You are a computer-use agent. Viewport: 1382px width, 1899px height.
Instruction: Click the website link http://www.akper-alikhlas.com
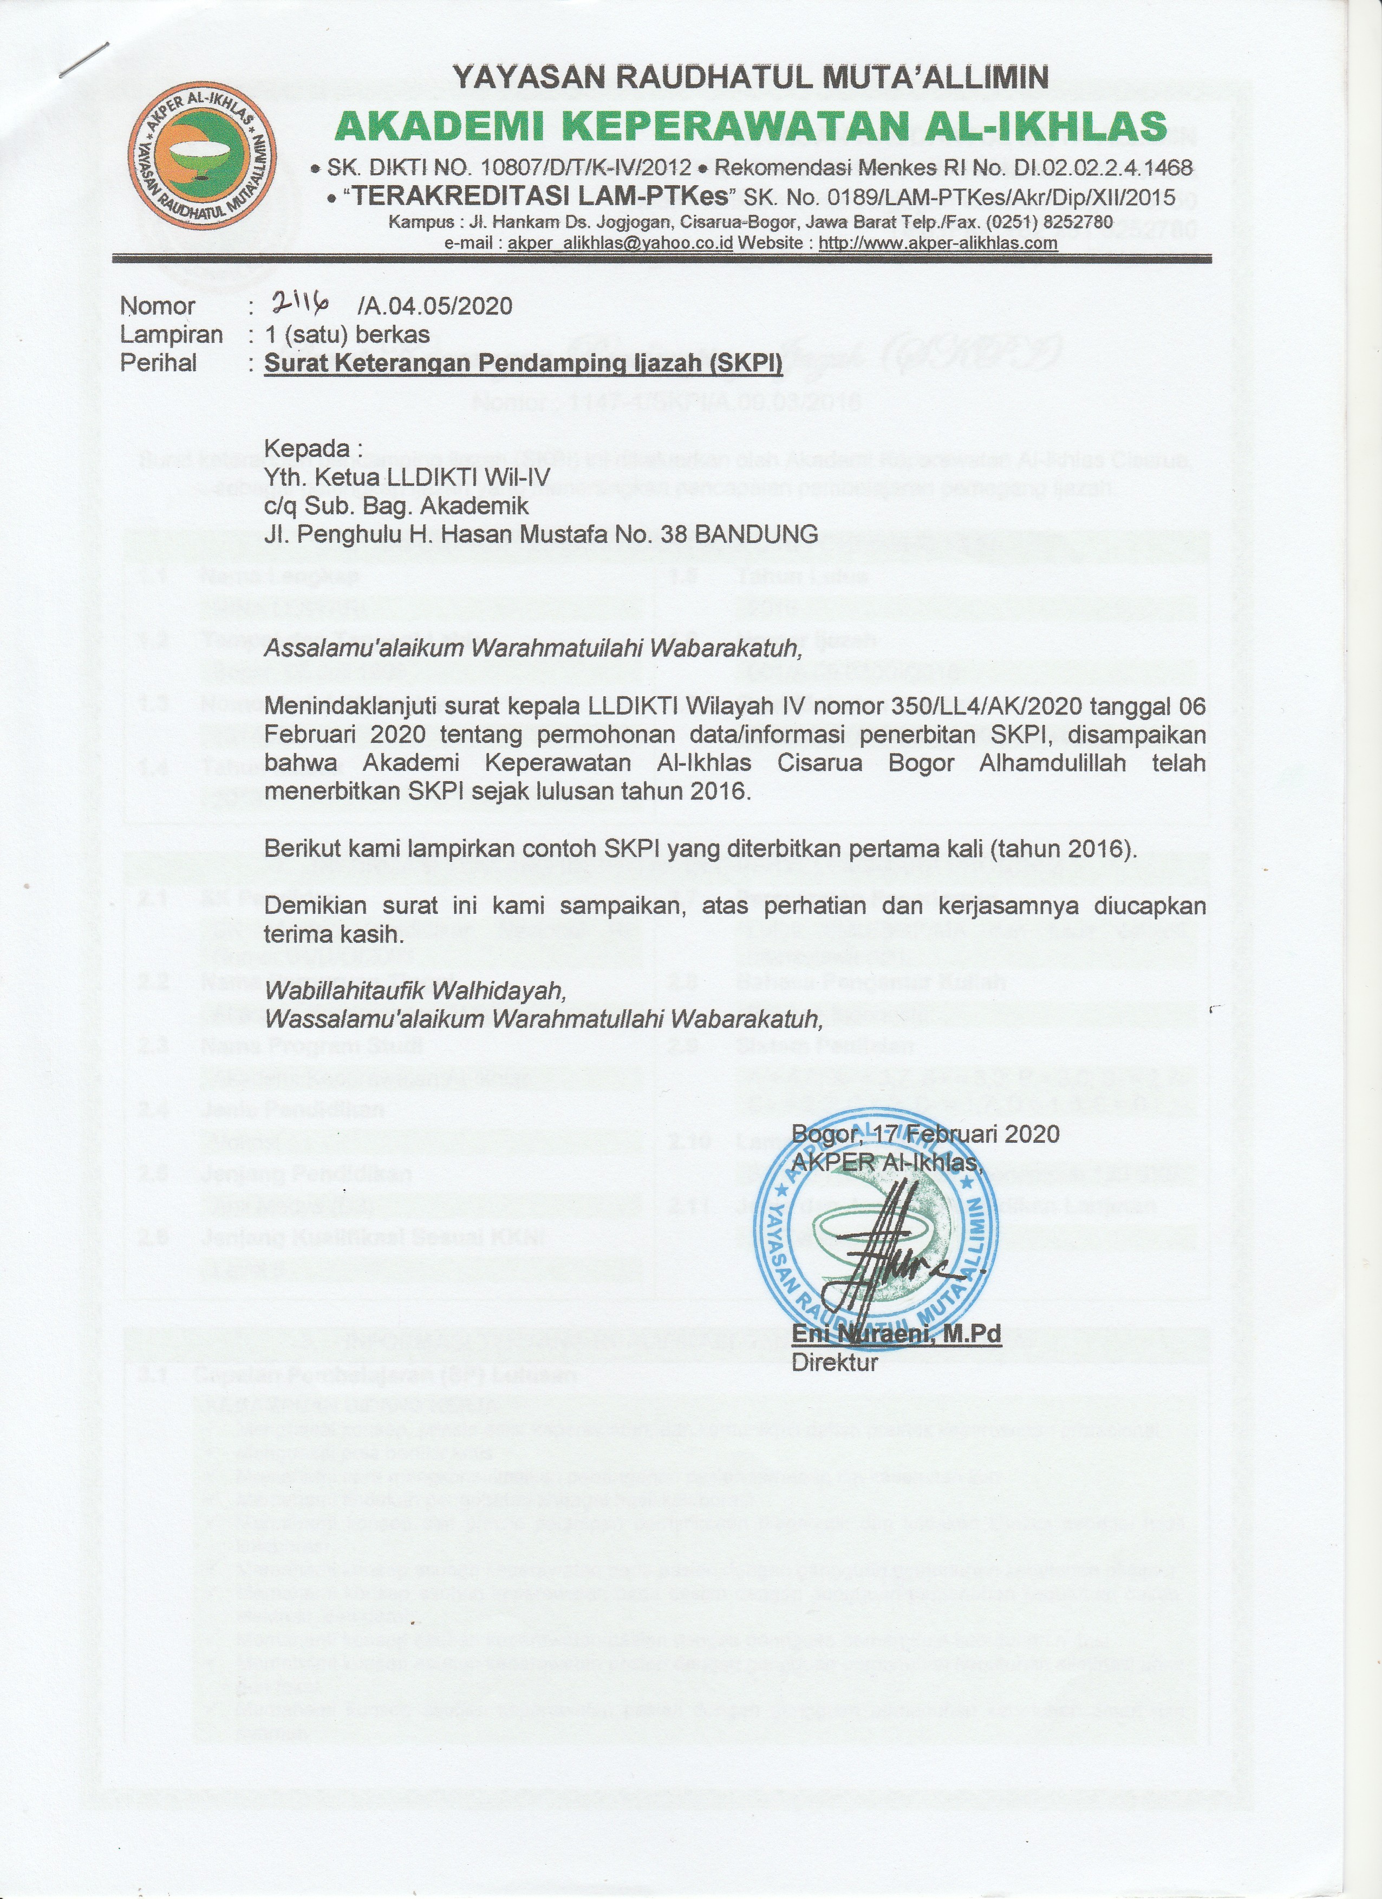[x=937, y=243]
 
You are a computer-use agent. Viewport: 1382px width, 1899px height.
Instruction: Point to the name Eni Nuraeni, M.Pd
[x=896, y=1334]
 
